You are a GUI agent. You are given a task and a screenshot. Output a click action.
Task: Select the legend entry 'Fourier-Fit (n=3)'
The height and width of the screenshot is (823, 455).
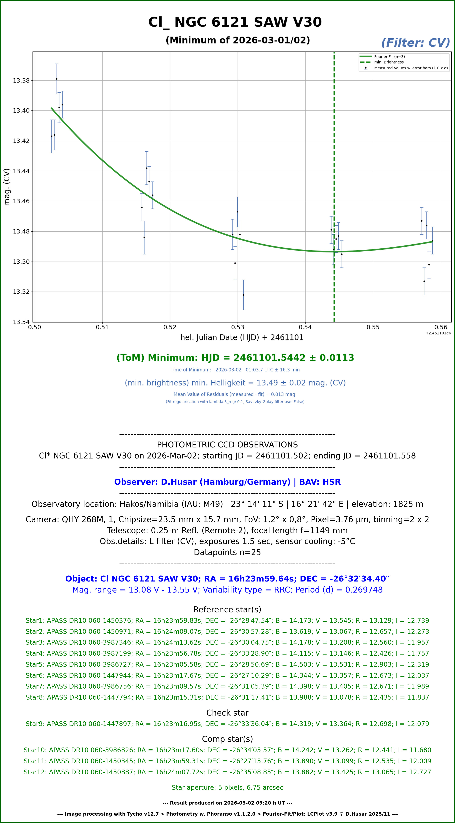389,56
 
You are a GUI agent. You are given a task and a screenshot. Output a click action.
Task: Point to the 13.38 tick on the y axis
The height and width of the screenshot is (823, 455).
21,80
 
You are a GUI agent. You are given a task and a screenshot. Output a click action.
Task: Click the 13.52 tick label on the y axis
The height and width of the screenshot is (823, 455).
21,292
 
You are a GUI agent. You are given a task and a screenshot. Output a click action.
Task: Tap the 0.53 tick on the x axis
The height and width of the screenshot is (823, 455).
237,327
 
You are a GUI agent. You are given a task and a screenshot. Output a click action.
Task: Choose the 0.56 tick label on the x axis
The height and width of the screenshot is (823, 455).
441,327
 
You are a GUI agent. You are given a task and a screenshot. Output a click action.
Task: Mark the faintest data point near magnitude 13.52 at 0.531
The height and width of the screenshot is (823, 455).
243,295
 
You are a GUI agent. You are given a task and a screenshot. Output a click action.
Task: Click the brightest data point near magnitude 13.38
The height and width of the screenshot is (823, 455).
56,79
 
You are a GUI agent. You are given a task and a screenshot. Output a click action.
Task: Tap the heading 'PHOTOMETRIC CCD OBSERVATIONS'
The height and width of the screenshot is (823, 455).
227,445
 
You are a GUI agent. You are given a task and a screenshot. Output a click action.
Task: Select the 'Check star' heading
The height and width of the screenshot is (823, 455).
227,713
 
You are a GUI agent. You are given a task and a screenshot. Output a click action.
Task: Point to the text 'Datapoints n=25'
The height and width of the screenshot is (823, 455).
227,552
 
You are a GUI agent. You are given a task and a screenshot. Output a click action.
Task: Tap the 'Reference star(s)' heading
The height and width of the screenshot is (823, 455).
227,610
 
